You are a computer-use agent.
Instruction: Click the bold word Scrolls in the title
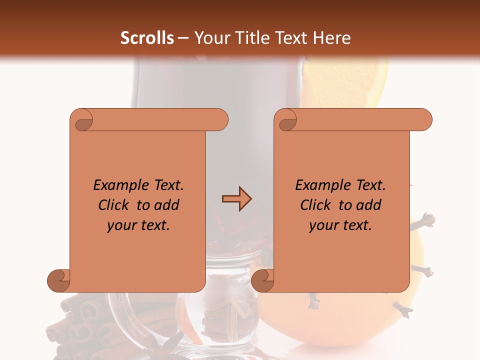pyautogui.click(x=147, y=38)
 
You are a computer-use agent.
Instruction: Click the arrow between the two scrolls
pyautogui.click(x=236, y=199)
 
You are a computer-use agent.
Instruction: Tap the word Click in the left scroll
pyautogui.click(x=113, y=205)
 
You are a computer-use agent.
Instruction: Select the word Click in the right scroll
pyautogui.click(x=315, y=205)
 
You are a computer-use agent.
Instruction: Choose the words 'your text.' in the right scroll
pyautogui.click(x=340, y=225)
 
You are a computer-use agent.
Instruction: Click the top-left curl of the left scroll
pyautogui.click(x=82, y=120)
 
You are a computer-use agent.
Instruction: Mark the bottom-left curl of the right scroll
pyautogui.click(x=262, y=280)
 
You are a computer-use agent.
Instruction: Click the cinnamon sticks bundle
pyautogui.click(x=80, y=325)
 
